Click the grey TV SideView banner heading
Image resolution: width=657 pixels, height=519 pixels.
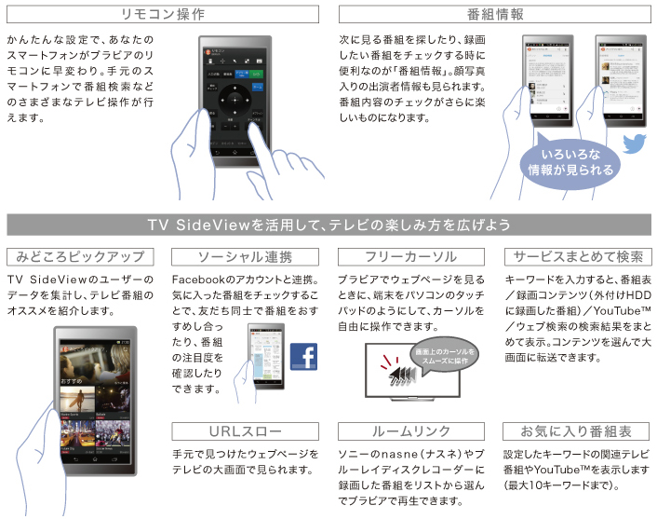(x=328, y=225)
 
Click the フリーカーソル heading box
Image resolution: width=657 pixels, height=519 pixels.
(x=410, y=256)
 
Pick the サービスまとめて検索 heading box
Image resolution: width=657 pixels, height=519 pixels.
(x=575, y=256)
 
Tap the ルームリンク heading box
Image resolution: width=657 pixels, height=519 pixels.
(x=410, y=431)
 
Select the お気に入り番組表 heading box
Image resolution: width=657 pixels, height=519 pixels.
(x=575, y=431)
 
